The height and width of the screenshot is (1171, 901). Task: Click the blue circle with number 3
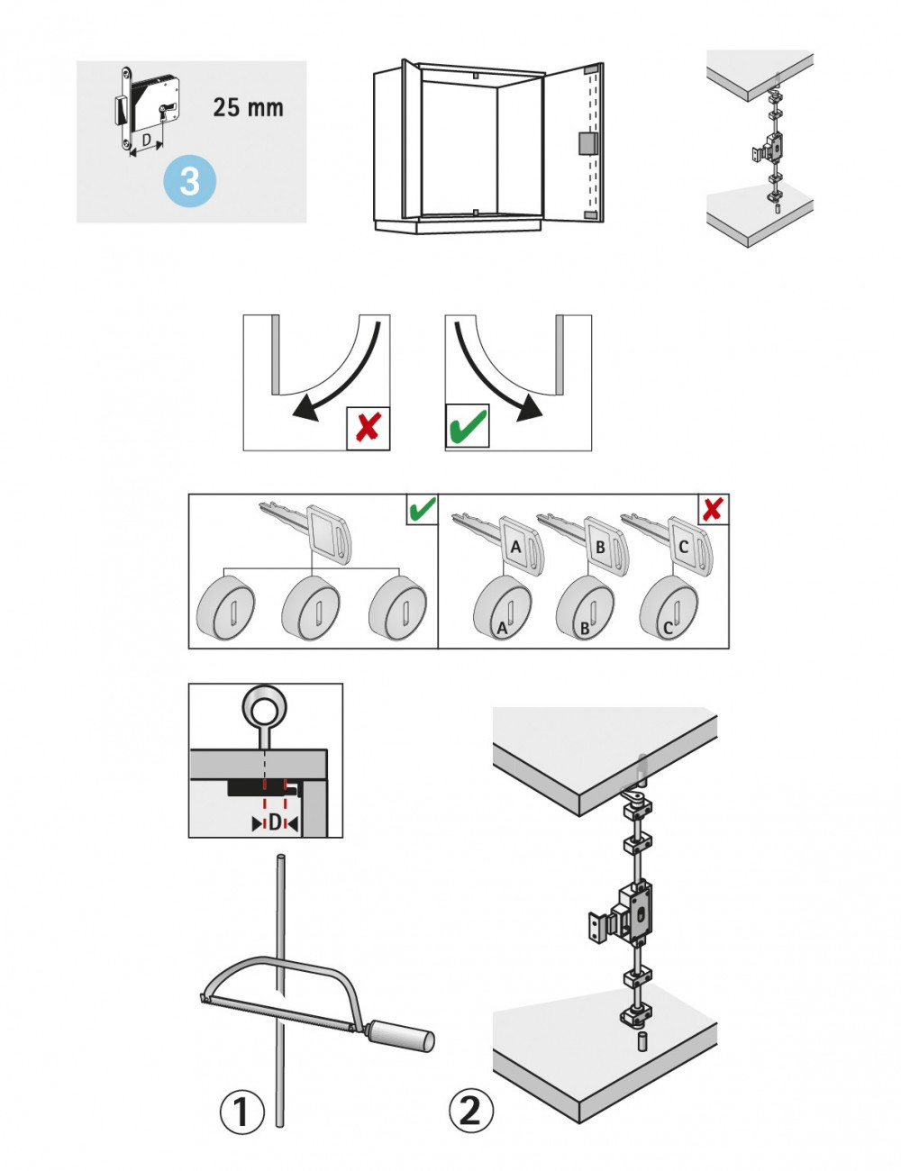pyautogui.click(x=190, y=181)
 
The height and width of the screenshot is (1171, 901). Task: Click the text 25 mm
pyautogui.click(x=248, y=107)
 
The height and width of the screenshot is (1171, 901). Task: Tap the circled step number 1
pyautogui.click(x=241, y=1112)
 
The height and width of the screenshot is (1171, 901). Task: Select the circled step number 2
pyautogui.click(x=470, y=1110)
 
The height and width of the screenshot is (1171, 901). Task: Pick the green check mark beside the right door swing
pyautogui.click(x=468, y=426)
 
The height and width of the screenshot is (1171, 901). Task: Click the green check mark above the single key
pyautogui.click(x=422, y=509)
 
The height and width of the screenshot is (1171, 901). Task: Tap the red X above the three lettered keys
pyautogui.click(x=713, y=509)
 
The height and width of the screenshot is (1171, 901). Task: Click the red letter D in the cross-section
pyautogui.click(x=275, y=822)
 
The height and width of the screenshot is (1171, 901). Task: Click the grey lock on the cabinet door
pyautogui.click(x=584, y=142)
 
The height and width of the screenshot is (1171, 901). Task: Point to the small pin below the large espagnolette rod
pyautogui.click(x=644, y=1043)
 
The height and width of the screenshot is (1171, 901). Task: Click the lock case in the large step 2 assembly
pyautogui.click(x=638, y=916)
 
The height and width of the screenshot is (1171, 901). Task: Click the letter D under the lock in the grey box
pyautogui.click(x=147, y=141)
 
